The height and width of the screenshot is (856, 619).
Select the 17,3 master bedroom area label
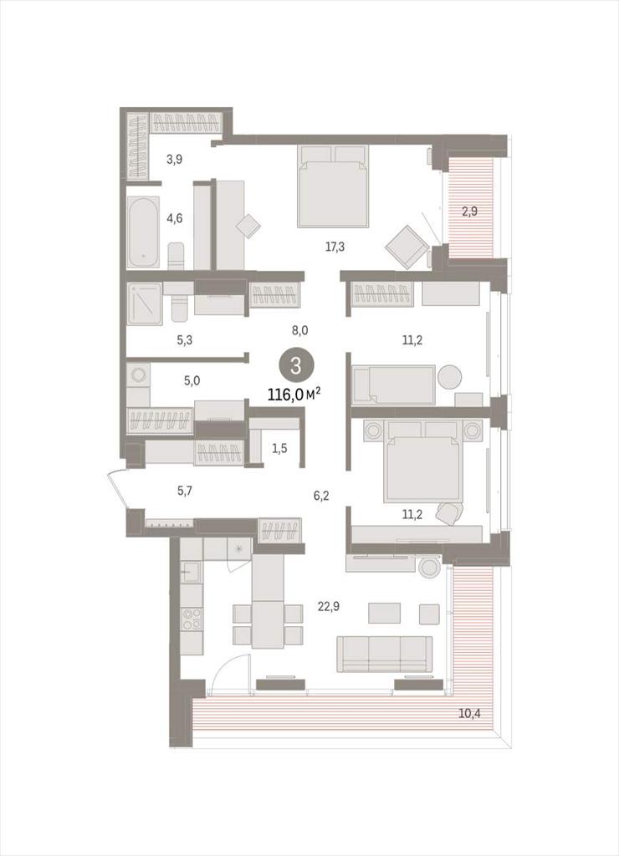coord(335,247)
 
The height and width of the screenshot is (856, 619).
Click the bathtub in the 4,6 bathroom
coord(144,232)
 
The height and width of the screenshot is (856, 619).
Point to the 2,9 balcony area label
coord(469,211)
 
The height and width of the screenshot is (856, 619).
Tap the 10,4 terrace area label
coord(469,713)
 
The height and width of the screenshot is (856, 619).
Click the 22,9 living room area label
coord(329,605)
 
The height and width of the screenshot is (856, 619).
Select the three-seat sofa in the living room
coord(385,654)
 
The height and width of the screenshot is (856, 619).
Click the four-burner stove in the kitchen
coord(192,619)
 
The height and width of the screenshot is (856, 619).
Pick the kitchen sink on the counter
coord(191,572)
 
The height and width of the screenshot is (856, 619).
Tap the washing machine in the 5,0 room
coord(138,375)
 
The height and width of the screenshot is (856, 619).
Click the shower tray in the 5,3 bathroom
coord(145,303)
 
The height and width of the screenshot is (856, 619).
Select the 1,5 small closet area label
coord(279,448)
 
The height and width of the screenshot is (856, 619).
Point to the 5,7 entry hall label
coord(185,490)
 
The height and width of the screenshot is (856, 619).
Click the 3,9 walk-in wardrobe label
coord(174,160)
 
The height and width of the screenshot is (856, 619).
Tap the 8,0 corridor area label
coord(300,329)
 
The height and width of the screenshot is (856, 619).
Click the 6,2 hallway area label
coord(321,496)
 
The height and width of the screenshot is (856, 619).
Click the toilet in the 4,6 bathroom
coord(176,256)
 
